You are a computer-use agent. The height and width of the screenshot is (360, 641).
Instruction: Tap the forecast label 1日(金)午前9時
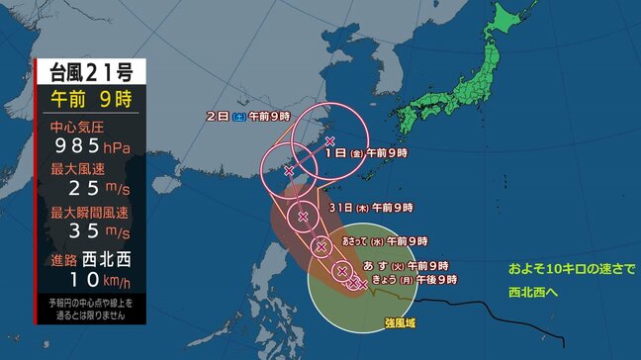click(x=372, y=153)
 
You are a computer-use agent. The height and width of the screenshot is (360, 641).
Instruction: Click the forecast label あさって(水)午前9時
click(x=384, y=240)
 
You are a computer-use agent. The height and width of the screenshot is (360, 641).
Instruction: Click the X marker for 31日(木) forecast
click(x=303, y=216)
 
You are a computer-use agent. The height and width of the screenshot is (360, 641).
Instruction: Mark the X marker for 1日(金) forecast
click(x=329, y=141)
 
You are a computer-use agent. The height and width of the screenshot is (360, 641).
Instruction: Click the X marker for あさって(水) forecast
click(x=320, y=247)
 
